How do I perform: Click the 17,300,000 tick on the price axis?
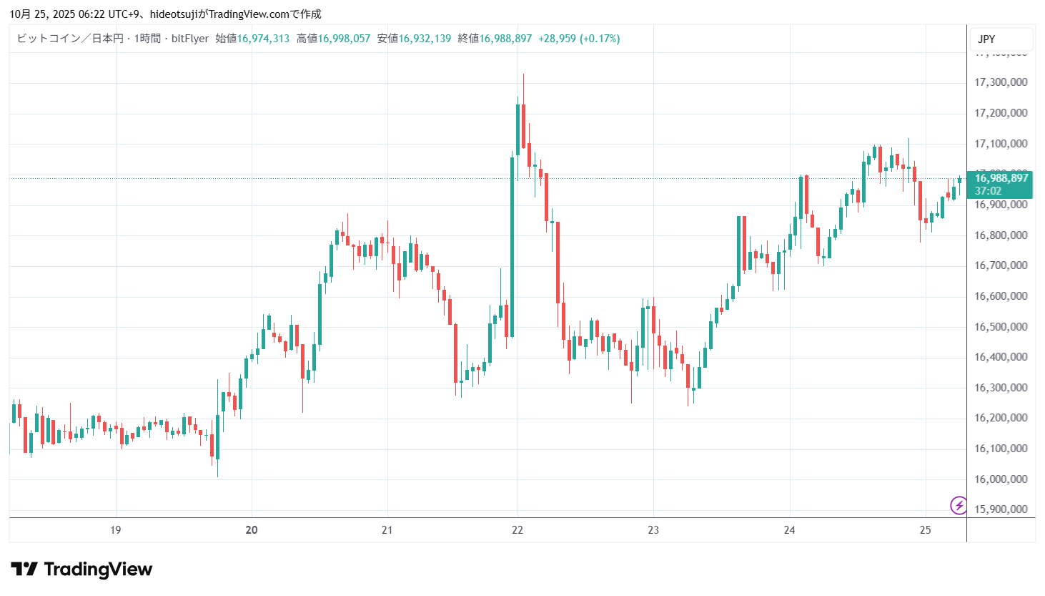click(1001, 82)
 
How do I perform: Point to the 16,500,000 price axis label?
click(1001, 327)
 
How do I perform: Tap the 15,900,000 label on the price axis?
click(1001, 509)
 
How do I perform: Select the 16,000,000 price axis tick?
click(1001, 479)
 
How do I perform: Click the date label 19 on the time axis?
click(115, 530)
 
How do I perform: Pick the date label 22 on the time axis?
click(517, 530)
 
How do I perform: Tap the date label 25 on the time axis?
click(926, 530)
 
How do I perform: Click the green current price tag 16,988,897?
click(1001, 178)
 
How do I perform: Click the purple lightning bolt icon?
click(959, 505)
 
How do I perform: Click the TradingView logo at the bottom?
click(81, 570)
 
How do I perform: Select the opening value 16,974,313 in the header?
click(263, 39)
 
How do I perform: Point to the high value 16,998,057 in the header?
click(344, 39)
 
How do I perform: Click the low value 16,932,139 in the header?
click(425, 39)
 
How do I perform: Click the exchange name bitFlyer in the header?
click(190, 39)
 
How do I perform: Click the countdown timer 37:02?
click(988, 191)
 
